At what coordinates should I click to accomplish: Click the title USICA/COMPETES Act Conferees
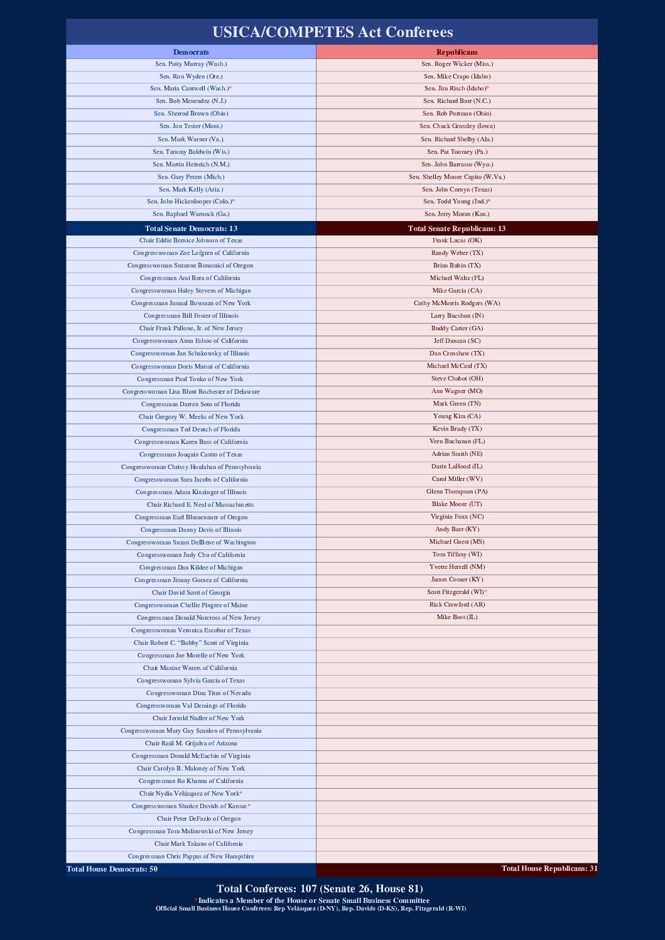[332, 32]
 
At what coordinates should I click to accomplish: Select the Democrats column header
[191, 52]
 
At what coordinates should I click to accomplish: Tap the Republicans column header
[457, 52]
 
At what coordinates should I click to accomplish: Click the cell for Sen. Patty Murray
[191, 64]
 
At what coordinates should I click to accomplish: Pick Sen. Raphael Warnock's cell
[191, 214]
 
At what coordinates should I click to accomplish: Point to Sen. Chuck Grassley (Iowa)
[457, 126]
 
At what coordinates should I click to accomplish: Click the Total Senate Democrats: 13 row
[191, 229]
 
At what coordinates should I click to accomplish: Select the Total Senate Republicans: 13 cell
[457, 229]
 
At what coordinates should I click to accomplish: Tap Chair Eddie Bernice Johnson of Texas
[191, 240]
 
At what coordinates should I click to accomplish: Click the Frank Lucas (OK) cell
[457, 240]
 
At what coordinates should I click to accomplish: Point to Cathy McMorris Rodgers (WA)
[457, 303]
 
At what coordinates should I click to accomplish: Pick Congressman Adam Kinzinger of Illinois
[191, 492]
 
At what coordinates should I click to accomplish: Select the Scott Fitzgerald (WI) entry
[456, 592]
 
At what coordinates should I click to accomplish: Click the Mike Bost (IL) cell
[457, 617]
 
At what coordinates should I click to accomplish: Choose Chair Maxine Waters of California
[190, 668]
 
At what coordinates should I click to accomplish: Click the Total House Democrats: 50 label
[112, 869]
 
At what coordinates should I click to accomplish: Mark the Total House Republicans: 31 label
[549, 868]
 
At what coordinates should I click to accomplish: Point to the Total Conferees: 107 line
[320, 889]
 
